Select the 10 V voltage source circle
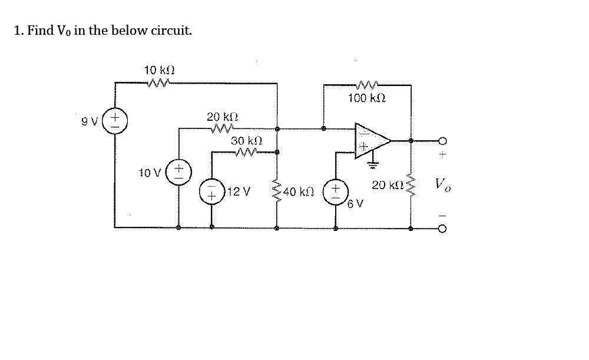pos(178,172)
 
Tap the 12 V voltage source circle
pos(211,192)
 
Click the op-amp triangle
pos(369,141)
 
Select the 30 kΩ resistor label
pos(246,141)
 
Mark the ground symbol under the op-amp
pos(370,164)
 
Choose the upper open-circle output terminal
pos(443,141)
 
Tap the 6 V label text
pos(356,204)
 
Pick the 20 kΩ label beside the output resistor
pos(386,185)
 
